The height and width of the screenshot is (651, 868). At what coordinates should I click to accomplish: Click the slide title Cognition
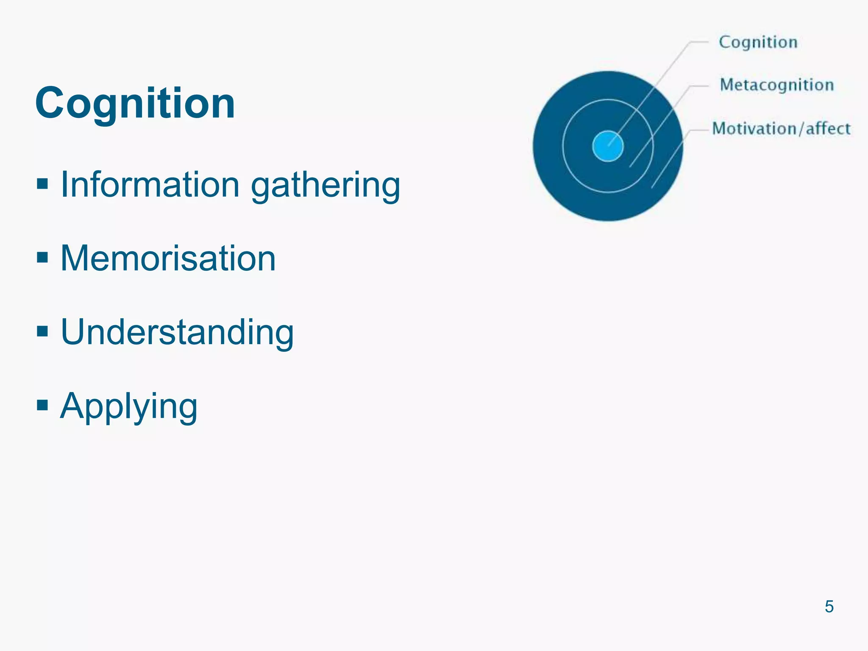pos(135,103)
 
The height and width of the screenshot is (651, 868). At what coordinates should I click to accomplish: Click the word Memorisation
pos(168,258)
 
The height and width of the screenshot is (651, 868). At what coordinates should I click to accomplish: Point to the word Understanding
pos(177,332)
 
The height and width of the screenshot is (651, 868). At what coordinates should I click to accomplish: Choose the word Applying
pos(129,406)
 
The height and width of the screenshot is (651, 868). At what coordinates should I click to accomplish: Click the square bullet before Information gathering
pos(42,184)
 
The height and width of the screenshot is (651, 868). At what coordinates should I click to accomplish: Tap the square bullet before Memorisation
pos(42,257)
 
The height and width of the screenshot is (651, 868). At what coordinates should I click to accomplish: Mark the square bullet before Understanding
pos(42,331)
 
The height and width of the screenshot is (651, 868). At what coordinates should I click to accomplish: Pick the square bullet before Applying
pos(42,405)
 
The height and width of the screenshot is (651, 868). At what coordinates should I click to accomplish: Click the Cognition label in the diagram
pos(758,42)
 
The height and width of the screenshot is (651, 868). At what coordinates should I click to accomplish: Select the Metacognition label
pos(776,85)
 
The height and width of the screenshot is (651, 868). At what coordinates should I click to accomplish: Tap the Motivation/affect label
pos(781,128)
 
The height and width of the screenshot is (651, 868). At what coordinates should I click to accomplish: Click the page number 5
pos(829,606)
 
